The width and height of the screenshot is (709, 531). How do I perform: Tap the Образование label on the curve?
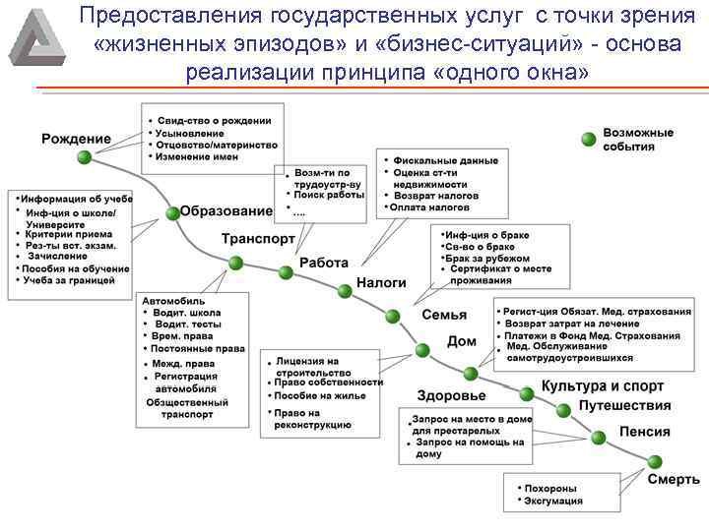[226, 211]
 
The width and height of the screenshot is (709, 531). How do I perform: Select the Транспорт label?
[258, 239]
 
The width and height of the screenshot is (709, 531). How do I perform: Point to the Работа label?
[324, 263]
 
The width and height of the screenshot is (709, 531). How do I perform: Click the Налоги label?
[381, 282]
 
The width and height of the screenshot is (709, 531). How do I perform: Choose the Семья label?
[444, 316]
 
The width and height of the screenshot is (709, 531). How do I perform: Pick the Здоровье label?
[451, 396]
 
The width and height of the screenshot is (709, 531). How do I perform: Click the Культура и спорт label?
[603, 386]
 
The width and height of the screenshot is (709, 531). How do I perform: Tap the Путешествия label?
[625, 405]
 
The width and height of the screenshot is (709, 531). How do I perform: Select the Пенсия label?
[645, 432]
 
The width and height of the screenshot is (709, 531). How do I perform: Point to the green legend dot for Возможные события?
[588, 139]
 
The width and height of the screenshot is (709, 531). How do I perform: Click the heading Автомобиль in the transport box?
[174, 300]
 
